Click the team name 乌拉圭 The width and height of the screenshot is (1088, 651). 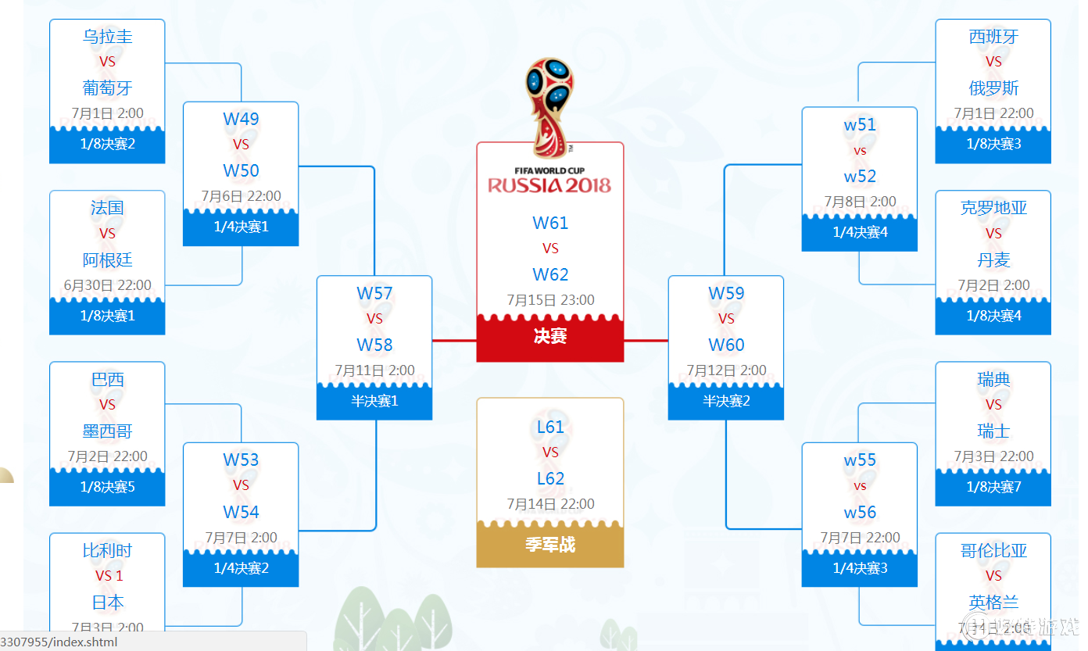coord(107,37)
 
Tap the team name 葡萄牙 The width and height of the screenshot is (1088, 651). coord(107,88)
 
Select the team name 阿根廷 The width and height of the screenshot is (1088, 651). coord(107,259)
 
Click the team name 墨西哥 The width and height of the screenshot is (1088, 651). coord(107,431)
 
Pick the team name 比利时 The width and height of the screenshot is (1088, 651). coord(107,550)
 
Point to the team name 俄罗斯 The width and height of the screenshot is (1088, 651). coord(993,88)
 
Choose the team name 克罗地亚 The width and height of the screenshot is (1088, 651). coord(993,208)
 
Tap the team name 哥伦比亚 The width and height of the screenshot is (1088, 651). coord(993,550)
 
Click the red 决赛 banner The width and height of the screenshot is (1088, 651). coord(550,337)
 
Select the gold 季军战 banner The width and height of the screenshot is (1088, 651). coord(550,545)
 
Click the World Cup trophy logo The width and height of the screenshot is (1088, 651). coord(550,106)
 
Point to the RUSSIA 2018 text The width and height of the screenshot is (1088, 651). coord(550,185)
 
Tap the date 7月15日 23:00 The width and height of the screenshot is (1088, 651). coord(550,300)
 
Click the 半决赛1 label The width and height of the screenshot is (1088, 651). coord(374,402)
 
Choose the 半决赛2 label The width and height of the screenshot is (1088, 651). coord(726,402)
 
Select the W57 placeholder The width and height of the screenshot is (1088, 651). coord(374,294)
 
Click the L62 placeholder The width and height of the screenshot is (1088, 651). coord(550,478)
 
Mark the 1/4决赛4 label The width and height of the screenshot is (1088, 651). coord(860,232)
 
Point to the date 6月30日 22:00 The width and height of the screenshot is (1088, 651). coord(107,285)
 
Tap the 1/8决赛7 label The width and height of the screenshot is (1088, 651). coord(993,488)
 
